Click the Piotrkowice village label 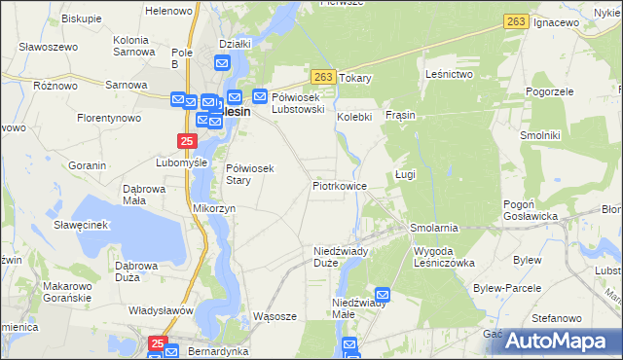(339, 185)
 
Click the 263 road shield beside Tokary (325, 77)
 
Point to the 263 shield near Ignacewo (516, 20)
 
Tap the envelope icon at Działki (221, 64)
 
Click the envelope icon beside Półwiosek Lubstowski (261, 95)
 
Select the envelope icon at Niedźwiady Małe (383, 294)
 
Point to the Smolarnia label (434, 228)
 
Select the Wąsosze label (274, 316)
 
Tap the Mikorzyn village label (214, 208)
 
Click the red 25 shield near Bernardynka (159, 343)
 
